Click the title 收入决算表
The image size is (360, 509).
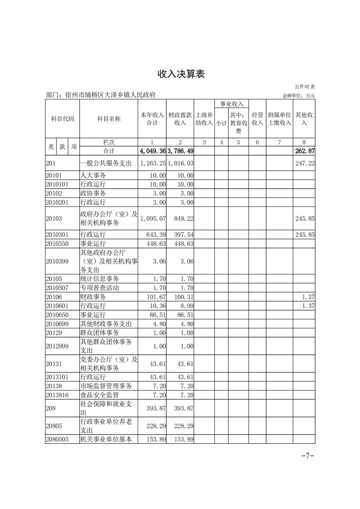click(181, 74)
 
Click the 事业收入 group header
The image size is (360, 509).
click(232, 104)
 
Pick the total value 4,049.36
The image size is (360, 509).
click(153, 151)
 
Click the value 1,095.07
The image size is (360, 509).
click(153, 219)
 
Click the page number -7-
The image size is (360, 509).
click(308, 456)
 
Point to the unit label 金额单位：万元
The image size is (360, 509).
click(298, 96)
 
